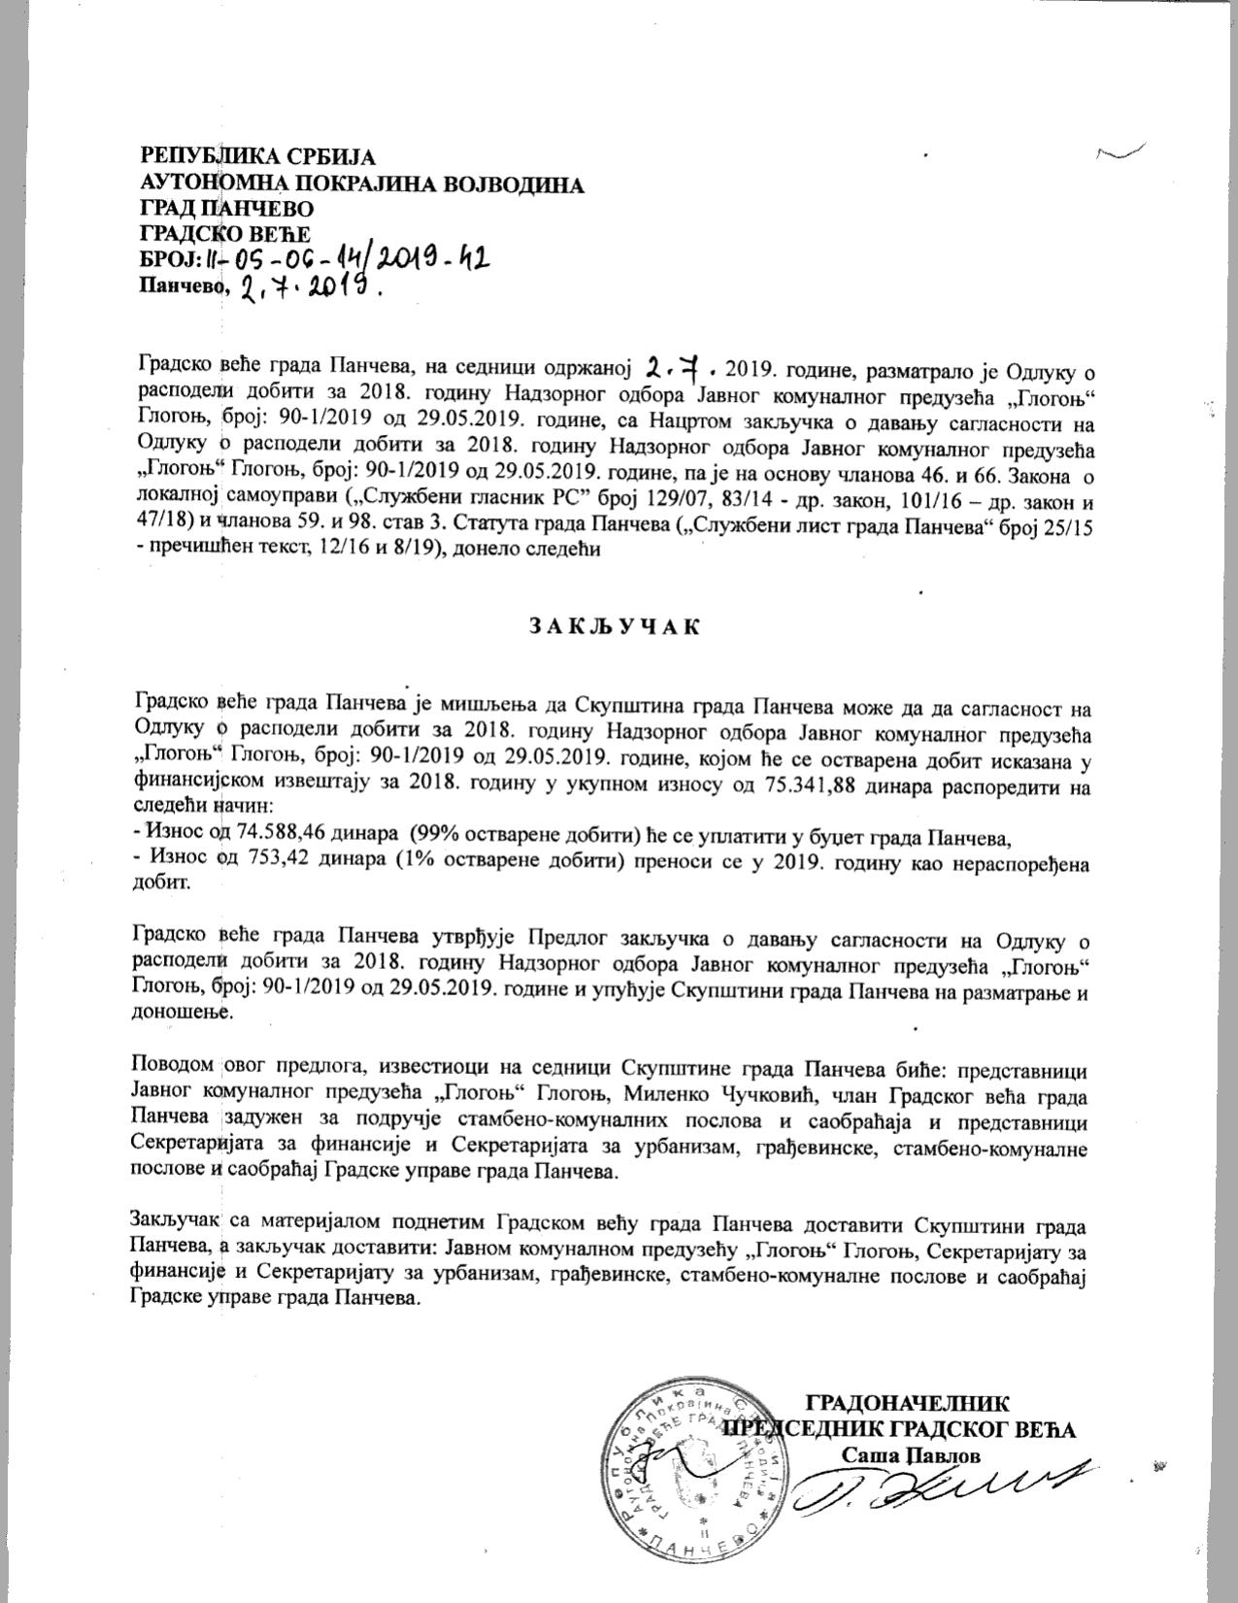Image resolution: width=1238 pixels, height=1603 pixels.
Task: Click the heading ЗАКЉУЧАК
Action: (615, 626)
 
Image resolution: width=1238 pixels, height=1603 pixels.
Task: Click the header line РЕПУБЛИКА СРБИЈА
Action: (259, 157)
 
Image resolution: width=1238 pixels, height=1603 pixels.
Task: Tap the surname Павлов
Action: (943, 1453)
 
